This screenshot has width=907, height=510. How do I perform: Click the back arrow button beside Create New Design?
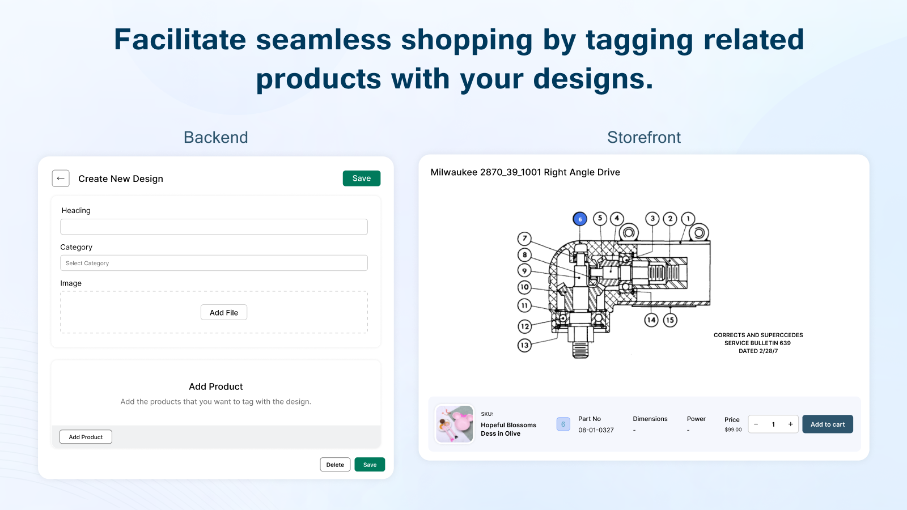coord(61,178)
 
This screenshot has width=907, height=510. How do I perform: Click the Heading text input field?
coord(214,227)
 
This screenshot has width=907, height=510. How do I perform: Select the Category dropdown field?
coord(214,263)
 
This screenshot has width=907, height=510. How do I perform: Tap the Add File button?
coord(224,312)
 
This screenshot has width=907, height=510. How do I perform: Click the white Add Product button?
coord(86,437)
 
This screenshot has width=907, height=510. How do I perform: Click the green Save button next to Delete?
coord(370,465)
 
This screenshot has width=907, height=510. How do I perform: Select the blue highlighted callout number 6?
coord(580,219)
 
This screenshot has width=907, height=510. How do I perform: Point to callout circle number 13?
coord(524,345)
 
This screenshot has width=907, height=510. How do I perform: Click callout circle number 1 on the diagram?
coord(688,219)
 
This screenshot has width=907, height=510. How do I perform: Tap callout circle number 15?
coord(670,320)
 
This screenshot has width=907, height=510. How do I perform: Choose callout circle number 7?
coord(524,239)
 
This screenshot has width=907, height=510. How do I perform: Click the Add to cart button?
coord(828,424)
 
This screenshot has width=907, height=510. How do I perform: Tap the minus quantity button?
coord(756,424)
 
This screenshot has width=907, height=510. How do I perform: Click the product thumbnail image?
coord(454,424)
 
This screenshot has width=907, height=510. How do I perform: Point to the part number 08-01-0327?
coord(596,430)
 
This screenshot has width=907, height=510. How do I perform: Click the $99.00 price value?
coord(733,430)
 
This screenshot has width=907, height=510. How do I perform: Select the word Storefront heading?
coord(644,137)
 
